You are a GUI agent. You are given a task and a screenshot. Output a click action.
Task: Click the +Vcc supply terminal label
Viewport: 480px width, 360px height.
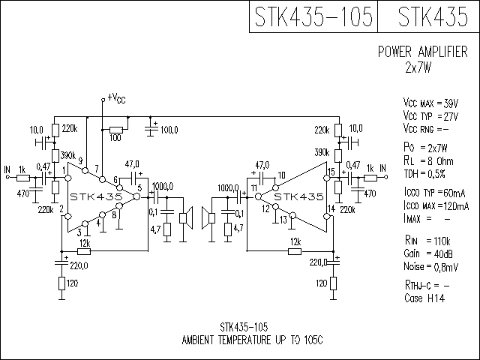pyautogui.click(x=116, y=98)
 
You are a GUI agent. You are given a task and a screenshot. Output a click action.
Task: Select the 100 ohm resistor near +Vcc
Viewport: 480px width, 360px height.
pyautogui.click(x=116, y=130)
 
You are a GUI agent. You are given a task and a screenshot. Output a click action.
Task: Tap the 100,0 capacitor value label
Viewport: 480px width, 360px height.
pyautogui.click(x=169, y=130)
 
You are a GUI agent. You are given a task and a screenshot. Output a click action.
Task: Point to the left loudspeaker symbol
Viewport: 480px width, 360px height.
pyautogui.click(x=186, y=218)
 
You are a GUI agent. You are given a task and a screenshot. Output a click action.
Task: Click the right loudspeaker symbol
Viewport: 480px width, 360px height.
pyautogui.click(x=208, y=218)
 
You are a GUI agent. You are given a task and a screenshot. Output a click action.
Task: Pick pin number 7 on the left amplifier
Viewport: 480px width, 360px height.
pyautogui.click(x=97, y=169)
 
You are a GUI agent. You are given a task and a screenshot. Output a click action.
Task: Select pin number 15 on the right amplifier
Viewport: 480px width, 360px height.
pyautogui.click(x=331, y=172)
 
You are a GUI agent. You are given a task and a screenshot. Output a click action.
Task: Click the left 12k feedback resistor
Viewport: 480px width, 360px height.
pyautogui.click(x=84, y=252)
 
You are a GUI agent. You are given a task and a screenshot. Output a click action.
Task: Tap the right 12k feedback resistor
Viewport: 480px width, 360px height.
pyautogui.click(x=295, y=252)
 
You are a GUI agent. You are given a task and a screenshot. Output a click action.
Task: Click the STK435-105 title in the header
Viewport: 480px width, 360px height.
pyautogui.click(x=313, y=16)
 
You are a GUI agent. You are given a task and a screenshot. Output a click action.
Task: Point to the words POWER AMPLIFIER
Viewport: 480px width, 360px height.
pyautogui.click(x=423, y=52)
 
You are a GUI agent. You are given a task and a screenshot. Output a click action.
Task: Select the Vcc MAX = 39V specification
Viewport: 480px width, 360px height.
pyautogui.click(x=430, y=103)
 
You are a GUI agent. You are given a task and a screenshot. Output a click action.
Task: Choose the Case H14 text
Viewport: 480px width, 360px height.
pyautogui.click(x=424, y=298)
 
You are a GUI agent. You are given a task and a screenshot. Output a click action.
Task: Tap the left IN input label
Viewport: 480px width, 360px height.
pyautogui.click(x=7, y=169)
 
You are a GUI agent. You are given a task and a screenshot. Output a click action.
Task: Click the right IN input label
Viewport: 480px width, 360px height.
pyautogui.click(x=383, y=168)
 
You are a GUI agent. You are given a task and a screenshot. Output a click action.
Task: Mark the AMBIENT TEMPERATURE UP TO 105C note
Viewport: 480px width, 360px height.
pyautogui.click(x=252, y=340)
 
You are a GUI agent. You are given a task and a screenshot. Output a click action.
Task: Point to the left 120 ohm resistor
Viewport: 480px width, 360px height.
pyautogui.click(x=61, y=283)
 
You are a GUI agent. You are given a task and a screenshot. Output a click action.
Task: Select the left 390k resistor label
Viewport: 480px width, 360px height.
pyautogui.click(x=67, y=155)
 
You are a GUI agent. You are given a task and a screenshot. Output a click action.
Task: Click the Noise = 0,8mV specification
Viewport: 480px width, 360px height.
pyautogui.click(x=431, y=267)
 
